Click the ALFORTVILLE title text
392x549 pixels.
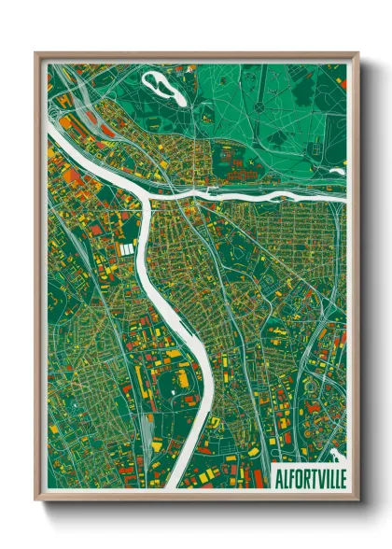309,477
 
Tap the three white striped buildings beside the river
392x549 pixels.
127,249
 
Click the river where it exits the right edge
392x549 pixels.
344,199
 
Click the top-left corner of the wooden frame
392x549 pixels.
35,53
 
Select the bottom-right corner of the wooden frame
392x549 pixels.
357,501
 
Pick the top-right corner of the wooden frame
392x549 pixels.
357,53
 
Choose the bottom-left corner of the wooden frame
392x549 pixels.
35,501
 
